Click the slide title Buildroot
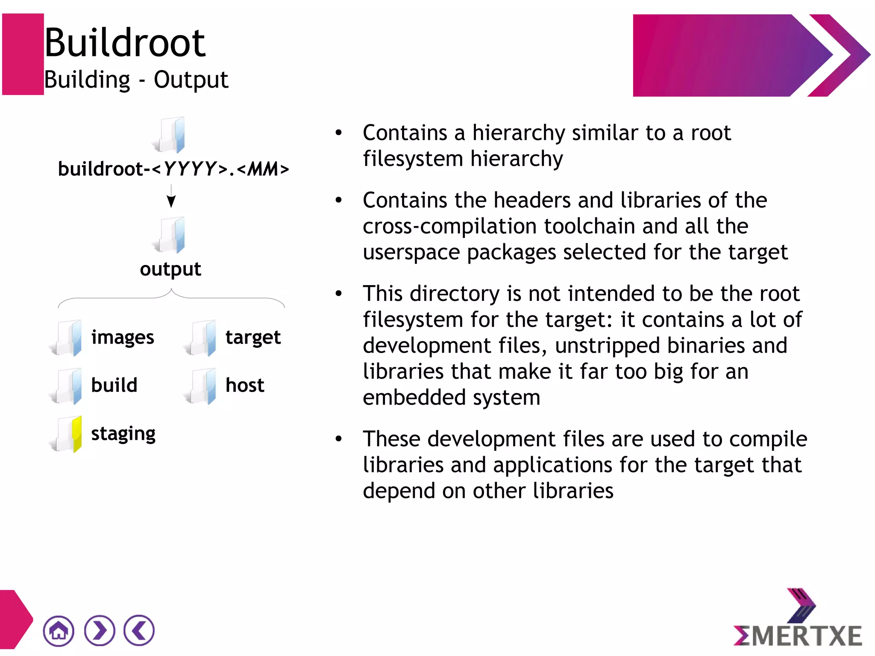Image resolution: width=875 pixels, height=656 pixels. point(125,42)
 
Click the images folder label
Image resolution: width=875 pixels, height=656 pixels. point(123,338)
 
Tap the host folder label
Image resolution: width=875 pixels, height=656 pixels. point(245,385)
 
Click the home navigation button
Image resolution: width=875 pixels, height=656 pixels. point(59,630)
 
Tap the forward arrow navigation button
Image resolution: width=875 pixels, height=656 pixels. point(100,630)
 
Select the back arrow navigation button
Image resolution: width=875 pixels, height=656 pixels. point(139,630)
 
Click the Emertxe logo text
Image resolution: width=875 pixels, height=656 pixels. point(798,635)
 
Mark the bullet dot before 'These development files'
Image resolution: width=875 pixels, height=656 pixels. point(339,438)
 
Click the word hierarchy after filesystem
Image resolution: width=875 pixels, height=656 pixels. point(517,159)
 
